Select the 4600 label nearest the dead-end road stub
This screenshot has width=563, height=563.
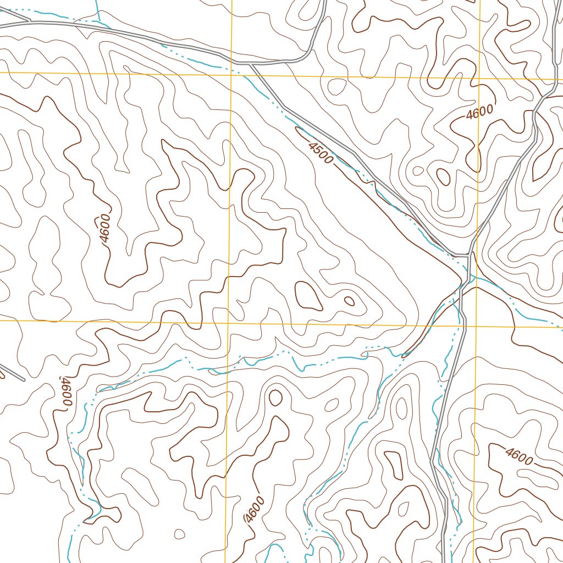click(66, 391)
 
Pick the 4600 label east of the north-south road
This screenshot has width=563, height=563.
click(518, 456)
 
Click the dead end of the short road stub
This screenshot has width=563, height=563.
click(24, 379)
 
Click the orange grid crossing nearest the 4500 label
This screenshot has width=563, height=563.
click(231, 73)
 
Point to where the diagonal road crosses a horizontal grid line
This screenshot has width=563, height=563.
click(259, 74)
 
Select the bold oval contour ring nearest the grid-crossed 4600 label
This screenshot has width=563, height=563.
click(443, 176)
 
